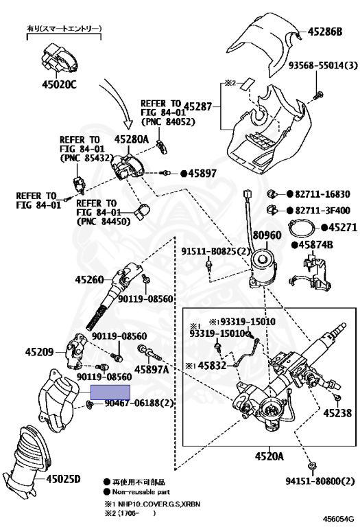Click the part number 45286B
(x=325, y=32)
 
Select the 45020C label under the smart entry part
(x=59, y=84)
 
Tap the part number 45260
(x=89, y=280)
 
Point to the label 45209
(x=39, y=352)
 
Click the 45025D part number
(x=63, y=478)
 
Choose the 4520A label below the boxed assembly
(x=269, y=456)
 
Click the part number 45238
(x=337, y=412)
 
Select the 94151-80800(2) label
(x=320, y=481)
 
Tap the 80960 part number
(x=267, y=235)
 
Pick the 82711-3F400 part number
(x=323, y=211)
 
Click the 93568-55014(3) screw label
(x=323, y=65)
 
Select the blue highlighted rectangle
(x=110, y=393)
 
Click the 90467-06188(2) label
(x=139, y=402)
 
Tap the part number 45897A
(x=152, y=369)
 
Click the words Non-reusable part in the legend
(x=141, y=492)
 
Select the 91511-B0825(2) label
(x=216, y=251)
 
